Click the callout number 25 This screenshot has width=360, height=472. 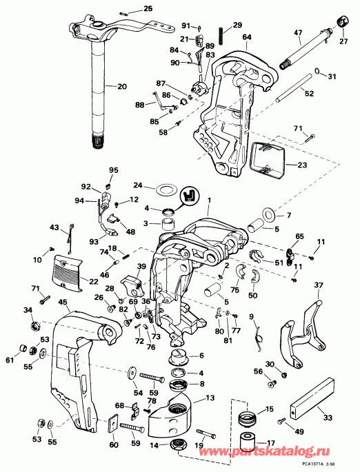(148, 8)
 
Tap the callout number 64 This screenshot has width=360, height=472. (247, 37)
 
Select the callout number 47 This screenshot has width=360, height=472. (298, 32)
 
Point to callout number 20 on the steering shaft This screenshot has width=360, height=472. (121, 87)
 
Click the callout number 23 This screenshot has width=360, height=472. (302, 165)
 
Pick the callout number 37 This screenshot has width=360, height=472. (319, 285)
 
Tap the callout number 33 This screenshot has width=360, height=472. (328, 418)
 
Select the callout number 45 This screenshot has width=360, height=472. (62, 301)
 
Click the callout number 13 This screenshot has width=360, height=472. (210, 398)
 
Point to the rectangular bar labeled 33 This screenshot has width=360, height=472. (312, 398)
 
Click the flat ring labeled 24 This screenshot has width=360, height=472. (163, 190)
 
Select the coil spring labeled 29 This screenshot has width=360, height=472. (221, 36)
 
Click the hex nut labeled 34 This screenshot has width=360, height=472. (34, 325)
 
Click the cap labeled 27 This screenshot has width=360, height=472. (343, 22)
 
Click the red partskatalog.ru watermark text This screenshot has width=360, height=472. (264, 451)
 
